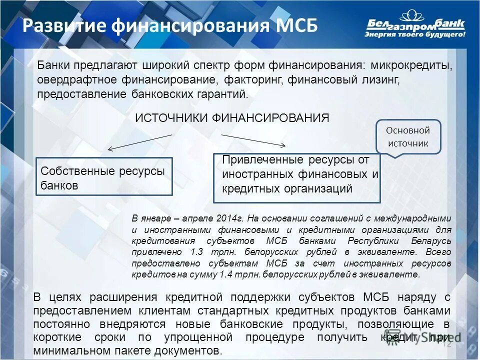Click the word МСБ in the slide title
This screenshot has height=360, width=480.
(x=293, y=26)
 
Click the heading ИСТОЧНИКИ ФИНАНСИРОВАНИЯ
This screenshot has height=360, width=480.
(x=232, y=118)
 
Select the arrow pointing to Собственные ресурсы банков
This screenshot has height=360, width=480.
(x=140, y=142)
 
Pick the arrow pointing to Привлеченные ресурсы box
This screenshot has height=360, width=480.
(x=253, y=140)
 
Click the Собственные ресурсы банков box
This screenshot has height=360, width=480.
(x=104, y=177)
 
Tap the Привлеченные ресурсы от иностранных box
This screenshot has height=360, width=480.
(x=297, y=178)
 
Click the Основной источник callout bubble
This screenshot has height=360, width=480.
(x=408, y=136)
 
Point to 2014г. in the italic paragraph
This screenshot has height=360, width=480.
(x=230, y=218)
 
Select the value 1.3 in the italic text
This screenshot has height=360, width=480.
(x=196, y=252)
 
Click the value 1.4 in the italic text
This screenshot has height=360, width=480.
(x=227, y=274)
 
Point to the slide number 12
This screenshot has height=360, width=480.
(x=447, y=343)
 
